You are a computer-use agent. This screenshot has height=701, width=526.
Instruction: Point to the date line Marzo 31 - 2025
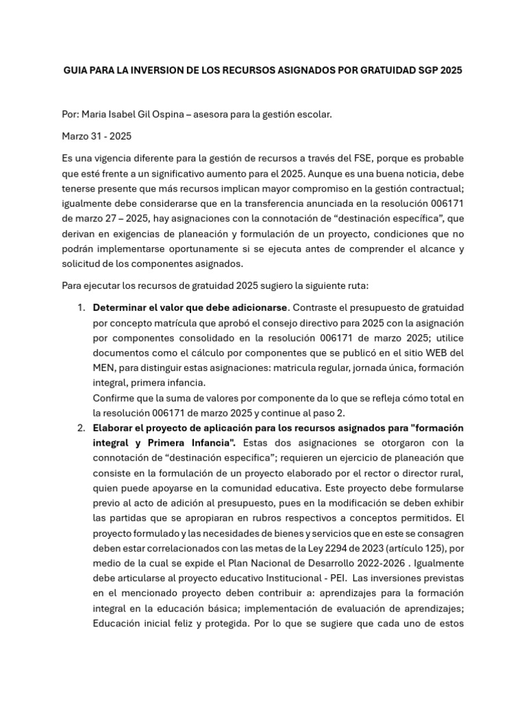point(97,136)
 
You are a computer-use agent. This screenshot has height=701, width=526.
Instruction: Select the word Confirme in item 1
point(113,398)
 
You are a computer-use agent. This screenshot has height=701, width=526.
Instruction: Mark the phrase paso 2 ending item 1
point(331,413)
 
